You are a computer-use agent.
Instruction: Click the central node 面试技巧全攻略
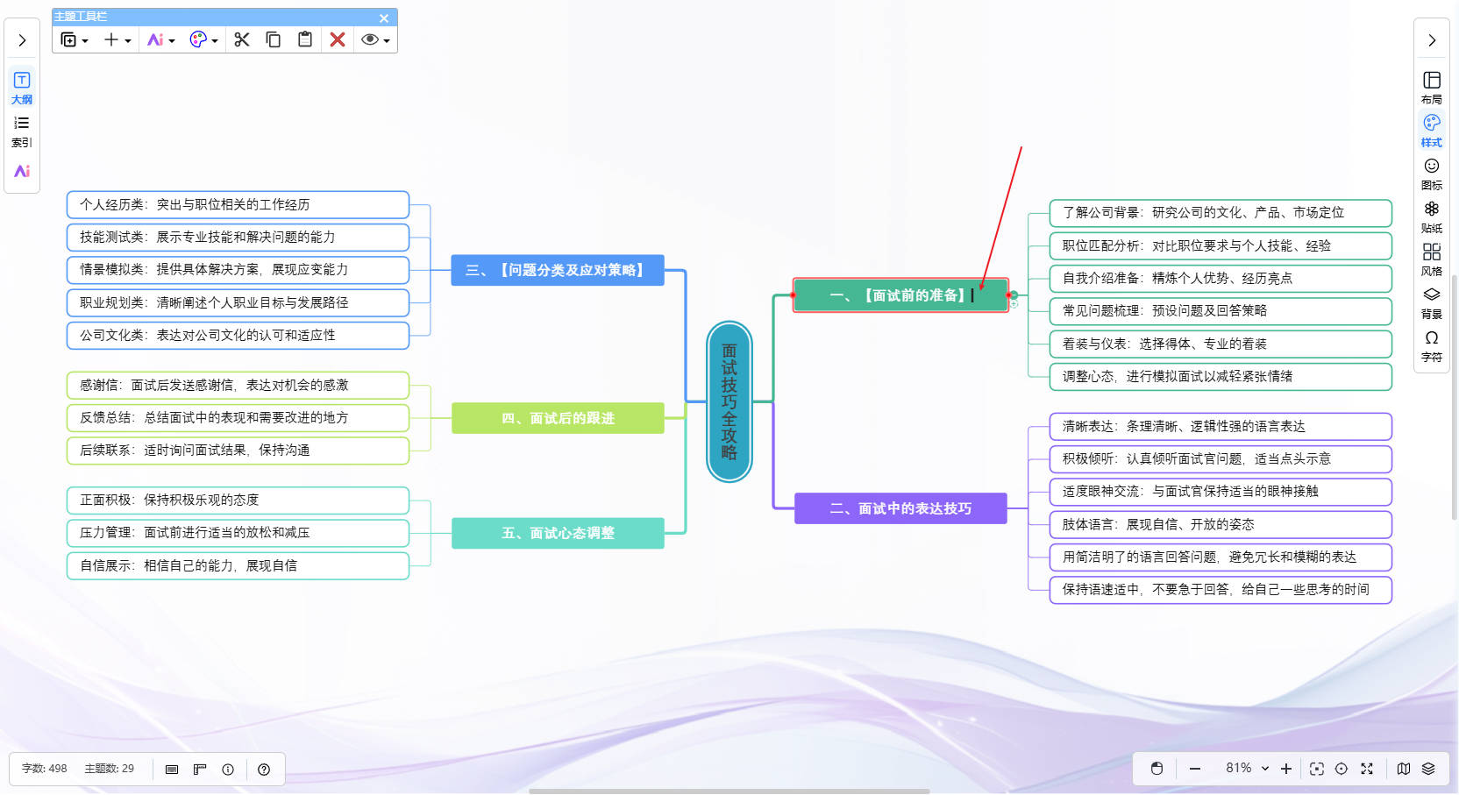(x=729, y=401)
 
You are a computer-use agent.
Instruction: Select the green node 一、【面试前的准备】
(x=900, y=295)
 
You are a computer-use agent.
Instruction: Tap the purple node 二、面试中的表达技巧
(x=900, y=508)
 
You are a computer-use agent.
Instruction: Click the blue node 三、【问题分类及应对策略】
(x=557, y=270)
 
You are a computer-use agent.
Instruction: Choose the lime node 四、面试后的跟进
(x=557, y=418)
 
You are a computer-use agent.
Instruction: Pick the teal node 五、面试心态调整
(x=557, y=533)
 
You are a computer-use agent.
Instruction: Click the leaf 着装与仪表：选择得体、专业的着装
(x=1220, y=344)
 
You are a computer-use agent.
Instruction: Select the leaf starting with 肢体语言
(x=1220, y=524)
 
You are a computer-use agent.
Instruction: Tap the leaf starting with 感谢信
(x=238, y=385)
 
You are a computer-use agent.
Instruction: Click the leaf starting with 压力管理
(x=238, y=532)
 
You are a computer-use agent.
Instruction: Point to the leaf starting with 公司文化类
(x=238, y=335)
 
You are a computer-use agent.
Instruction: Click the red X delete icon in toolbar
(x=338, y=39)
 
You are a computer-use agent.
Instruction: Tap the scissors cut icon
(x=242, y=39)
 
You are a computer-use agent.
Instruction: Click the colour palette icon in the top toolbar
(x=198, y=39)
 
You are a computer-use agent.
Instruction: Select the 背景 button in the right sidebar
(x=1431, y=302)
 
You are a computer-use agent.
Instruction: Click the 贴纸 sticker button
(x=1431, y=216)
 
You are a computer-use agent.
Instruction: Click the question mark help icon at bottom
(x=264, y=770)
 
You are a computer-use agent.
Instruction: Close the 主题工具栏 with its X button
(x=384, y=18)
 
